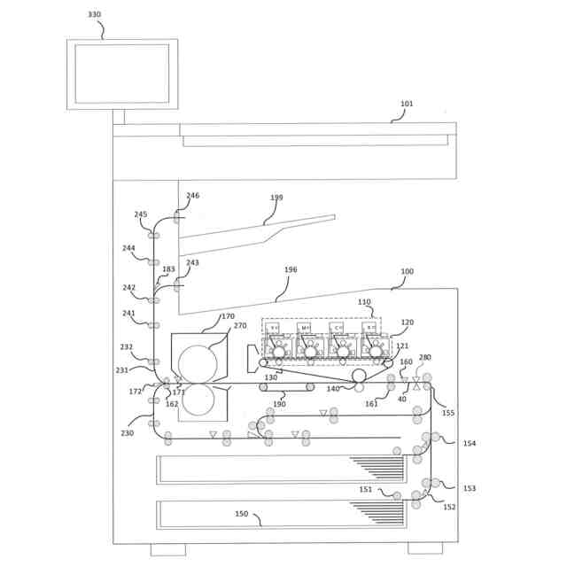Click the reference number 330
tap(94, 15)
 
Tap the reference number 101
tap(407, 104)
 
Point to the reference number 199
tap(276, 198)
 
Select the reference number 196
tap(291, 269)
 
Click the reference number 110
tap(364, 302)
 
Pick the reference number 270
tap(239, 326)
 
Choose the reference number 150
tap(241, 514)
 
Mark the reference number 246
tap(192, 196)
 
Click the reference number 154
tap(470, 444)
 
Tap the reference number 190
tap(279, 404)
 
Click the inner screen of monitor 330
tap(121, 74)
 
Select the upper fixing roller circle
tap(197, 362)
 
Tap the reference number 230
tap(128, 433)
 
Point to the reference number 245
tap(141, 214)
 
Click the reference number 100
tap(407, 271)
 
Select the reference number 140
tap(333, 389)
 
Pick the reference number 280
tap(425, 358)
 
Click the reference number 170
tap(229, 316)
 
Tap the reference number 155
tap(448, 413)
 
